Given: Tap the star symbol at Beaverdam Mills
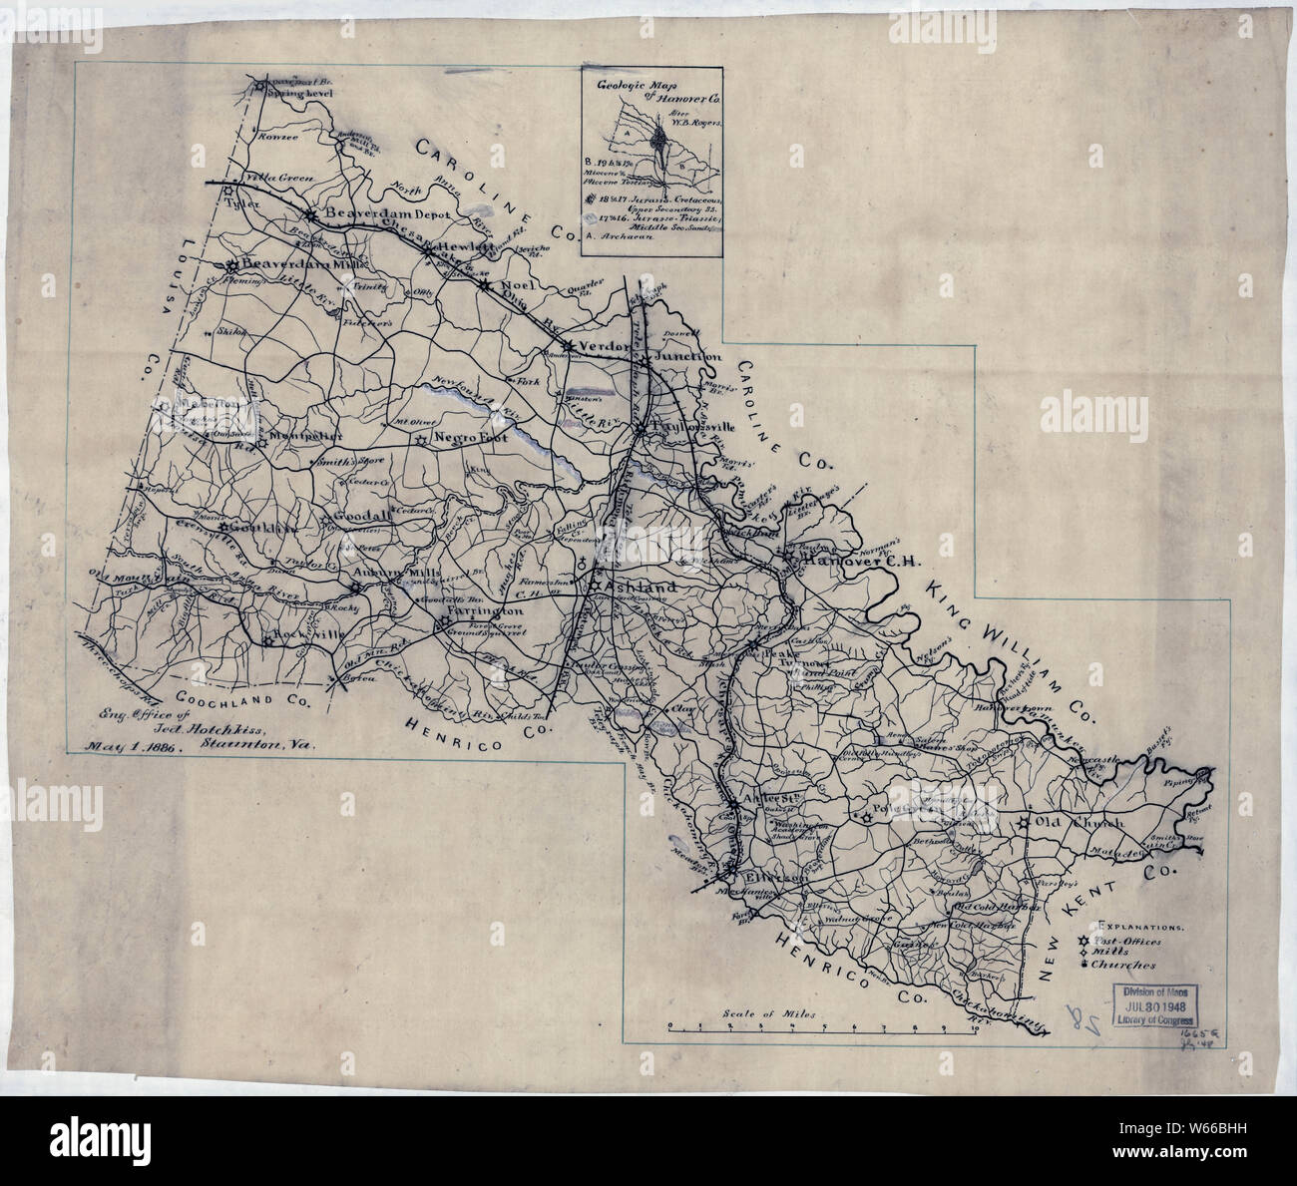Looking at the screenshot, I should (232, 265).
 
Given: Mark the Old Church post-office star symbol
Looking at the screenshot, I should (1025, 824).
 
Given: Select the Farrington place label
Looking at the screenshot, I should (486, 609).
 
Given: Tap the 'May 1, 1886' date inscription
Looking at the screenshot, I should (132, 744).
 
